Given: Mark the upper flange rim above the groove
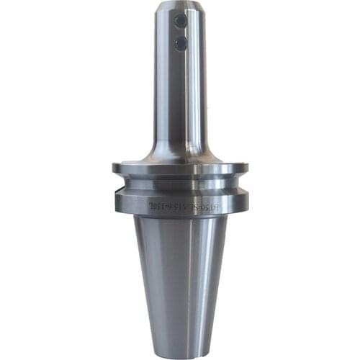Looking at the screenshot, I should coord(180,169).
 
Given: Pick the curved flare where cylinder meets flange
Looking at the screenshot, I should coord(180,151).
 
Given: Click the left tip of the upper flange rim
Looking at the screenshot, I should coord(113,168).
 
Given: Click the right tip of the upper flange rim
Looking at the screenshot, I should coord(248,168).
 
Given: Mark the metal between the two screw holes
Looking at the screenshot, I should coord(180,34).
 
